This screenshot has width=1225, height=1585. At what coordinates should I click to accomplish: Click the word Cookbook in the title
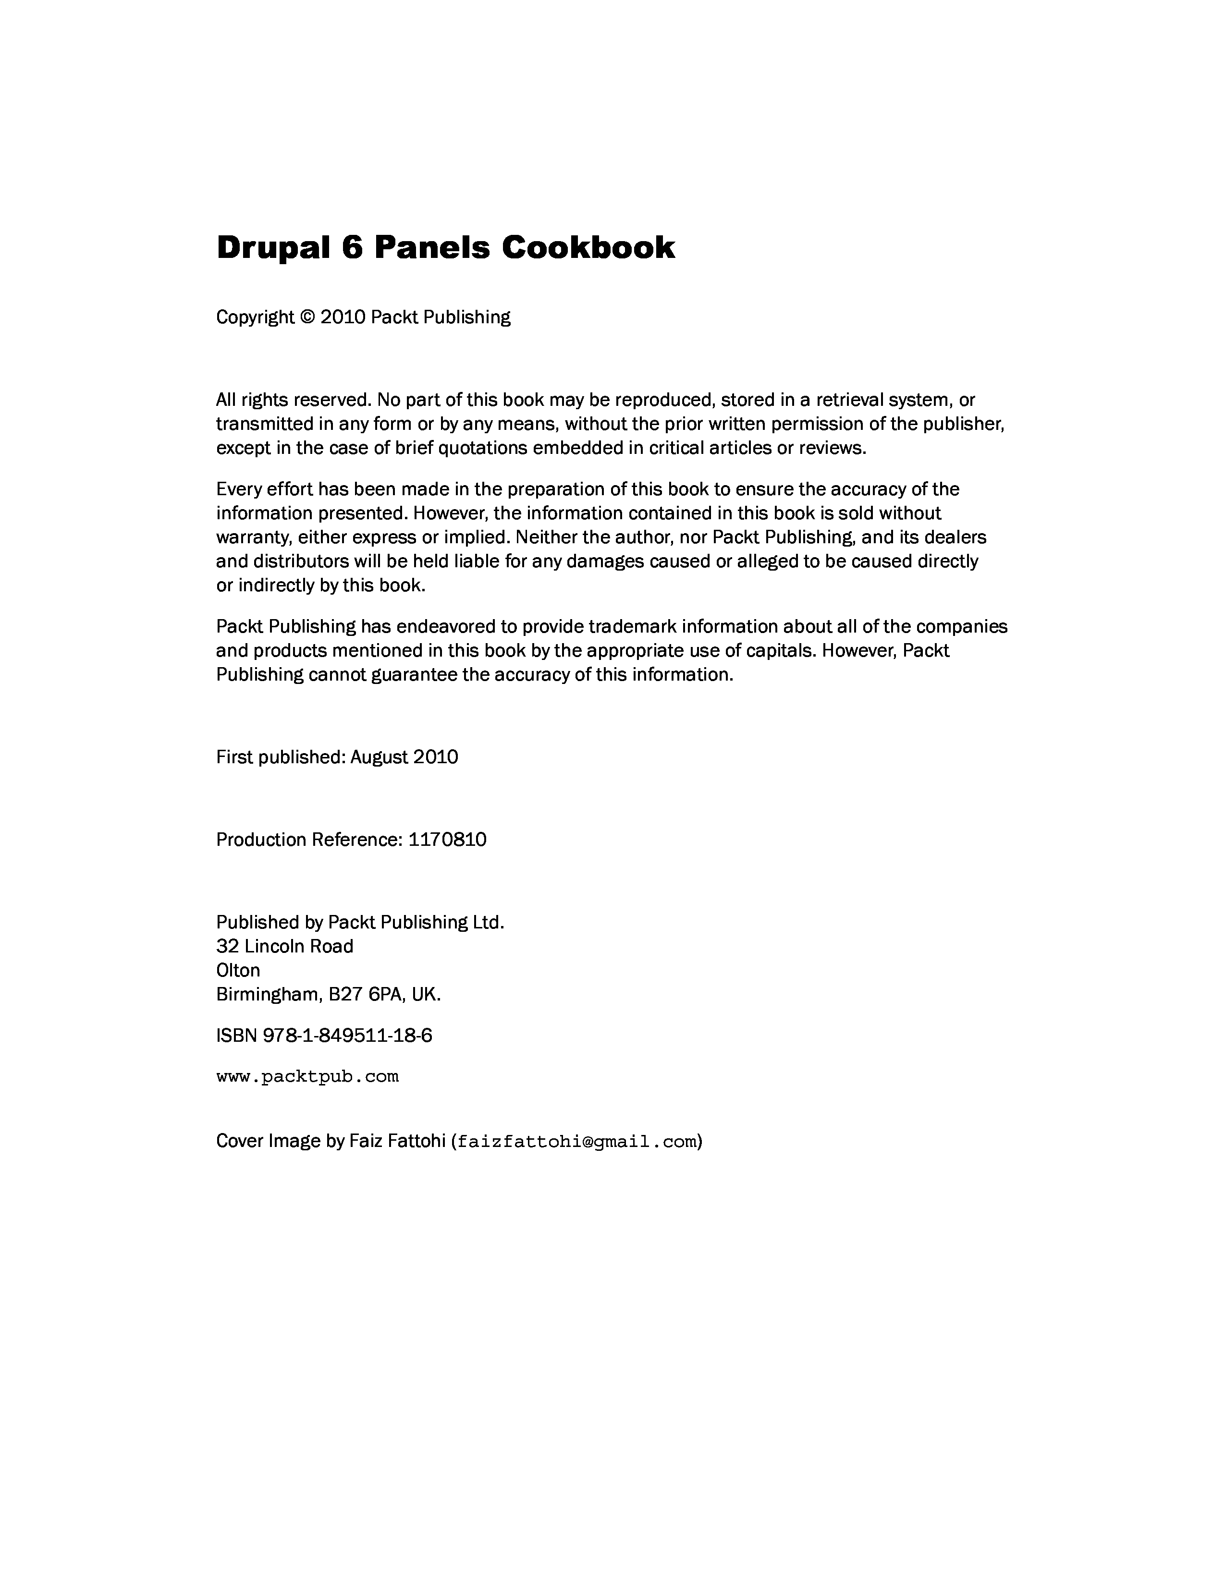[588, 247]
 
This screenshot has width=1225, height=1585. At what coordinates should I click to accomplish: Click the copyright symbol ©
[308, 317]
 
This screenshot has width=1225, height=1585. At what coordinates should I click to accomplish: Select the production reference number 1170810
[447, 840]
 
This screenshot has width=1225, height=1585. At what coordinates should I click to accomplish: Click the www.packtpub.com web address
[308, 1076]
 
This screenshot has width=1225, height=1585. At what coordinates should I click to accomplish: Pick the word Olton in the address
[238, 970]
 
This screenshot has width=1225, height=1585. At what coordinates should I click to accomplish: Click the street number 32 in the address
[227, 946]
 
